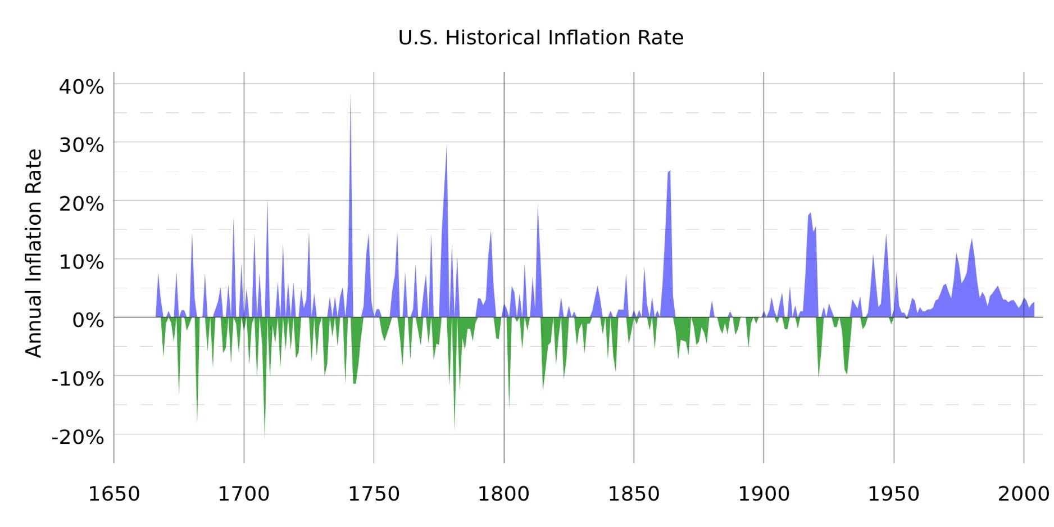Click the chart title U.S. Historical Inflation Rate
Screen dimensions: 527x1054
540,38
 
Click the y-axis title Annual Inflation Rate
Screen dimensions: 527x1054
34,253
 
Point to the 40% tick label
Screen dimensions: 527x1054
81,87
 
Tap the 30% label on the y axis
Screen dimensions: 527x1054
81,145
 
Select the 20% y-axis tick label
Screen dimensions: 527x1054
81,203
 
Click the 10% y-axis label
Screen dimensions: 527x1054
81,262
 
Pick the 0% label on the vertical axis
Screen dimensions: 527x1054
88,320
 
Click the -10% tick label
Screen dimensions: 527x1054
78,379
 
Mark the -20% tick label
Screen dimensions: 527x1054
78,437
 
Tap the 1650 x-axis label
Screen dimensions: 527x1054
114,494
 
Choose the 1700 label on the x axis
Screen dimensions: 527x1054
244,494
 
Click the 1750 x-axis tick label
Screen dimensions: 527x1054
374,494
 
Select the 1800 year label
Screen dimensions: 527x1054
503,494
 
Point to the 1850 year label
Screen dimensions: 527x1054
634,494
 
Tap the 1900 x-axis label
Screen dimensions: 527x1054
764,494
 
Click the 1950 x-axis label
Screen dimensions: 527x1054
893,494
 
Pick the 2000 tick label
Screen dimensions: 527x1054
1023,494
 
